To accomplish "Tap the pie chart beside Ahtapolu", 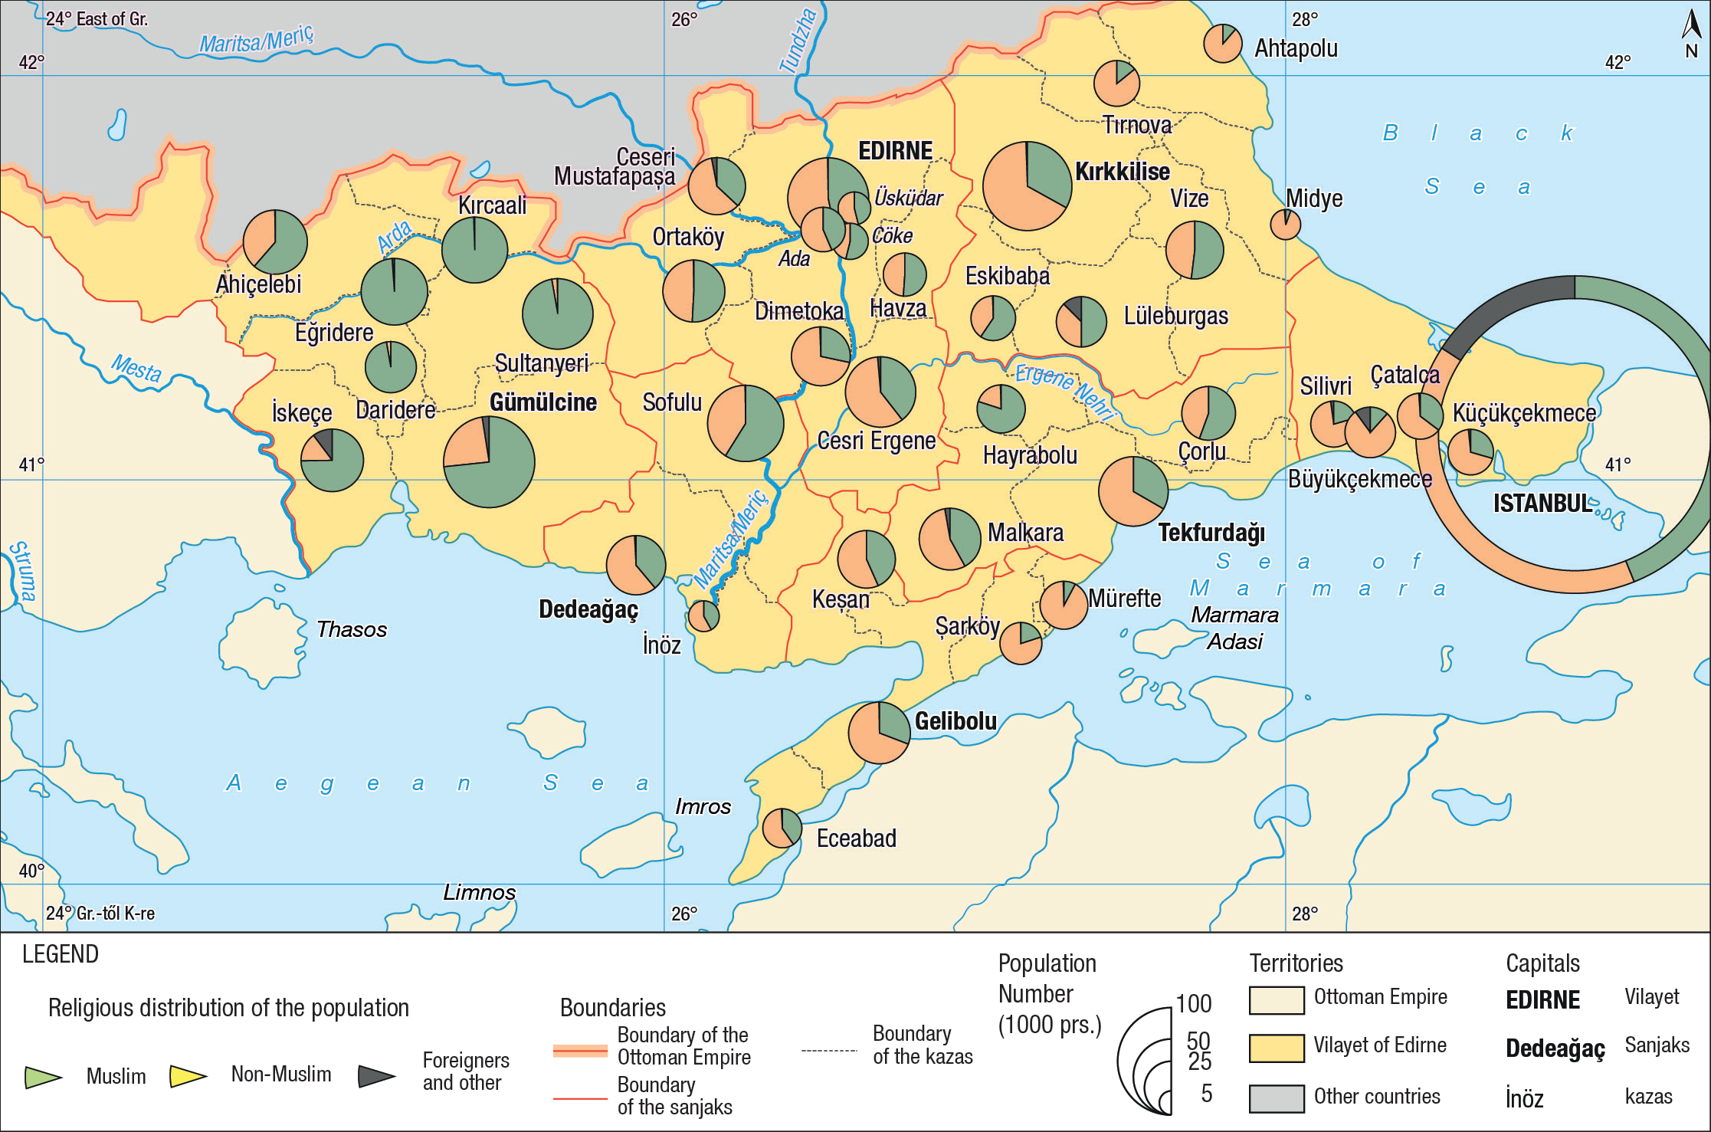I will pos(1222,44).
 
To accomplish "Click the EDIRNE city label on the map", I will pos(895,151).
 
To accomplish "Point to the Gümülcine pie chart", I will pos(489,461).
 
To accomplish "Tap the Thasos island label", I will pos(351,629).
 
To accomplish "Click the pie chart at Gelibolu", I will pos(879,732).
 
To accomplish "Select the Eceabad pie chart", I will pos(782,828).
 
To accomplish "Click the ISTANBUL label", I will pos(1542,504).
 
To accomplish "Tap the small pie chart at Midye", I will pos(1285,225).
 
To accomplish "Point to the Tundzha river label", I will pos(798,40).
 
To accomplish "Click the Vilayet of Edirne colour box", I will pos(1276,1048).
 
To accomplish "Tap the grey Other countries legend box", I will pos(1276,1098).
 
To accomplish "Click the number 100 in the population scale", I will pos(1194,1003).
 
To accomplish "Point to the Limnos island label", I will pos(479,892).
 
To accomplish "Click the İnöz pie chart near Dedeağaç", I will pos(703,615).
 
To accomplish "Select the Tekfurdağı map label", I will pos(1211,533).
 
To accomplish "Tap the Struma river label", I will pos(21,572).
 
